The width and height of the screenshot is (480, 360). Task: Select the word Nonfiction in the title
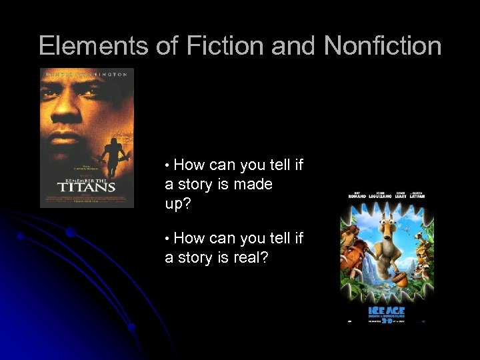(x=383, y=46)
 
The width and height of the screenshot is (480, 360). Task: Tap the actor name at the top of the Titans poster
(x=87, y=75)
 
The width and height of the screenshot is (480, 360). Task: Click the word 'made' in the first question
(x=253, y=184)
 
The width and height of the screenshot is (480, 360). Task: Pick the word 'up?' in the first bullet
(x=178, y=203)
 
